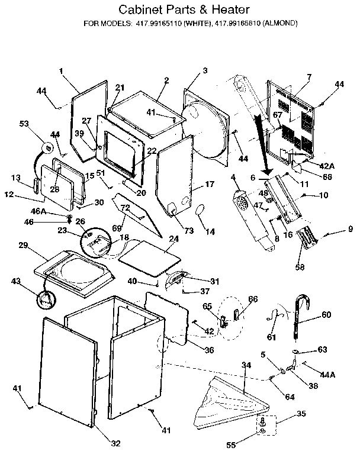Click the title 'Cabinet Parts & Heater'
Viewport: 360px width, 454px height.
tap(180, 10)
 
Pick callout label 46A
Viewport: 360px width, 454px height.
tap(38, 211)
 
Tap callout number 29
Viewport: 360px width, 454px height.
tap(23, 245)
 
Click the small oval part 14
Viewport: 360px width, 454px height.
tap(200, 210)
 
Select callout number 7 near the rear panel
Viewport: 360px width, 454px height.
tap(308, 77)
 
